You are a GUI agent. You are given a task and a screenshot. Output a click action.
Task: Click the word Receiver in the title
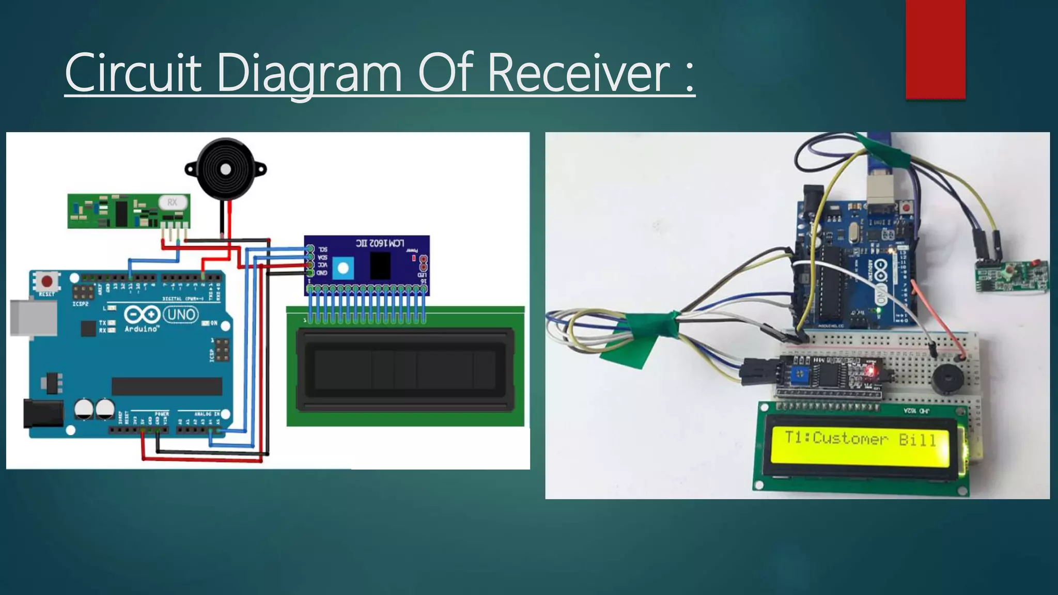(x=579, y=73)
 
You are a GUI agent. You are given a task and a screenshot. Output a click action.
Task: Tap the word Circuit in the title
(x=133, y=73)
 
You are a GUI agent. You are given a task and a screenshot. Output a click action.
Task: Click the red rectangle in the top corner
(x=935, y=49)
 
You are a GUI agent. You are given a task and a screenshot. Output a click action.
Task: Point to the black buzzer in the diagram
(x=226, y=169)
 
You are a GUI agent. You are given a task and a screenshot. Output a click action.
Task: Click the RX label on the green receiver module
(x=172, y=202)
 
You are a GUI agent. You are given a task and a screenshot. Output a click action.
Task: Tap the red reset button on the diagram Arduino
(x=47, y=281)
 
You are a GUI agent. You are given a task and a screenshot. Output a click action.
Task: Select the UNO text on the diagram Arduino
(x=181, y=314)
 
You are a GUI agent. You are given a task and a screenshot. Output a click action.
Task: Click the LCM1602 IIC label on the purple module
(x=380, y=243)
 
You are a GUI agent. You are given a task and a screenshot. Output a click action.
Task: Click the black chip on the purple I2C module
(x=380, y=265)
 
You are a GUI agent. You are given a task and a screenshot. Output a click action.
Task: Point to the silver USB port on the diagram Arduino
(x=33, y=318)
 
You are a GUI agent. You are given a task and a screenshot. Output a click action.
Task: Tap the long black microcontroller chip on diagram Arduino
(x=167, y=386)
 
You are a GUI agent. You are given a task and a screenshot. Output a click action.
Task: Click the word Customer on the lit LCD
(x=850, y=439)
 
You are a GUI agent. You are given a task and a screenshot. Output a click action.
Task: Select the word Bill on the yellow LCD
(x=917, y=440)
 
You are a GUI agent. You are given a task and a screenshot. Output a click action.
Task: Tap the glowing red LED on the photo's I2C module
(x=871, y=371)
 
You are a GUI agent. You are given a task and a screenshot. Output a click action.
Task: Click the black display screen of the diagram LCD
(x=405, y=370)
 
